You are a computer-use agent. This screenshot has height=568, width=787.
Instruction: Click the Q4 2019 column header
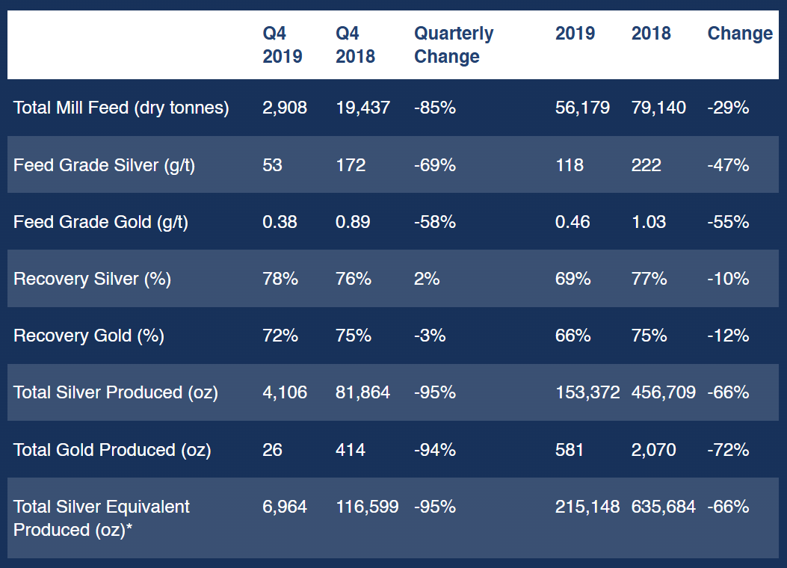(x=283, y=45)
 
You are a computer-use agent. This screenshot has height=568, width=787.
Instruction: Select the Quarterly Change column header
(x=454, y=45)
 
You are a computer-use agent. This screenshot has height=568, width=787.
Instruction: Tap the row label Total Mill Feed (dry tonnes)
(x=121, y=108)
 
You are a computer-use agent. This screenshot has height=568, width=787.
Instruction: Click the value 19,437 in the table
(x=362, y=108)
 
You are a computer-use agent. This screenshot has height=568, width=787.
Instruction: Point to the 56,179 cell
(x=582, y=108)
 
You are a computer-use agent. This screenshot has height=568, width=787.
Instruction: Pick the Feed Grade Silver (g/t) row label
(x=104, y=165)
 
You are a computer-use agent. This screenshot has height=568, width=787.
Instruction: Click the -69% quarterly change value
(x=434, y=165)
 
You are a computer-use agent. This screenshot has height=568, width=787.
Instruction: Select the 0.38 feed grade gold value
(x=280, y=222)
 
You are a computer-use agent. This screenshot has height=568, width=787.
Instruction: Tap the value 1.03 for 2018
(x=648, y=222)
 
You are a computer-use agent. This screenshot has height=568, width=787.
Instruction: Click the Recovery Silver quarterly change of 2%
(x=427, y=279)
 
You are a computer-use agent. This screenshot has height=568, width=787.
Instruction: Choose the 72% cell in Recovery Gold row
(x=280, y=336)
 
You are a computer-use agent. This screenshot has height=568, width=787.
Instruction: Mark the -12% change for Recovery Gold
(x=728, y=336)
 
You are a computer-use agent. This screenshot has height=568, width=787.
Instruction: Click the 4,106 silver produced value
(x=285, y=392)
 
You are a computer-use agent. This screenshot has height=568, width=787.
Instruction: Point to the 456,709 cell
(x=663, y=392)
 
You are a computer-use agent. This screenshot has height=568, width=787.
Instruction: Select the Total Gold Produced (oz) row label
(x=112, y=450)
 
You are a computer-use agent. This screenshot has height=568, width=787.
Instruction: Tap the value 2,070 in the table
(x=653, y=450)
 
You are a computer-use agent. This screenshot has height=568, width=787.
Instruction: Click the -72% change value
(x=728, y=450)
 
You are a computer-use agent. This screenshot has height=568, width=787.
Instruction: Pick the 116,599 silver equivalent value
(x=367, y=507)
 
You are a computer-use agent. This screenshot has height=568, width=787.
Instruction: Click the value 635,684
(x=663, y=507)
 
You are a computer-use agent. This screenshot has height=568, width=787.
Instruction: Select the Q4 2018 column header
(x=356, y=45)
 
